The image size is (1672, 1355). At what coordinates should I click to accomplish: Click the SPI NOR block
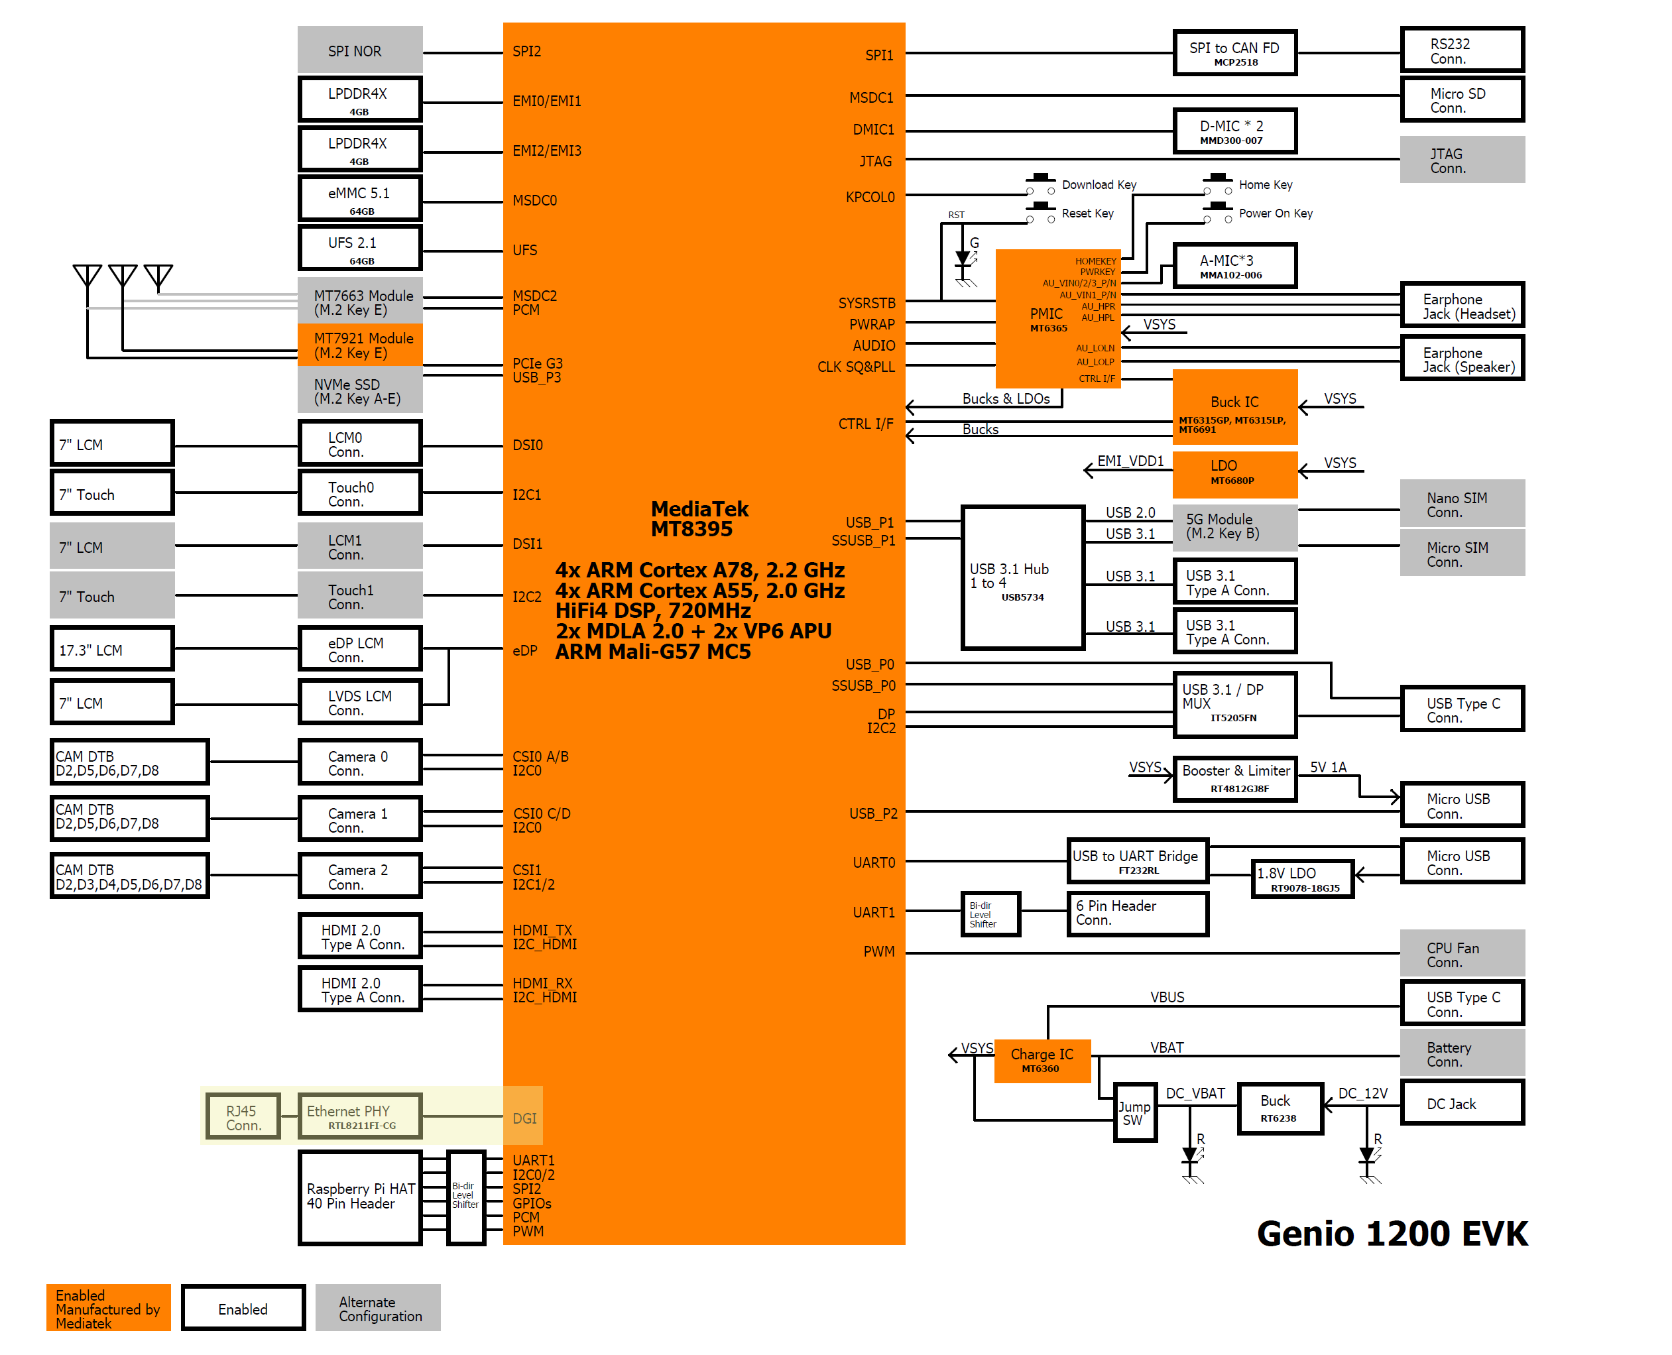tap(360, 51)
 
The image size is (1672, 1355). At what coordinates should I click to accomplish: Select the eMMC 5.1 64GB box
tap(360, 199)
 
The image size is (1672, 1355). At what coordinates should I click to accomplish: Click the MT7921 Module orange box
tap(360, 345)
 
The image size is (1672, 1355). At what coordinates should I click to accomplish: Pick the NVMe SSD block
tap(360, 391)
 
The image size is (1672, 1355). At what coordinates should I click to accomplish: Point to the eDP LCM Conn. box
tap(360, 648)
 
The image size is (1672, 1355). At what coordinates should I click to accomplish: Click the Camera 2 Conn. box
tap(360, 876)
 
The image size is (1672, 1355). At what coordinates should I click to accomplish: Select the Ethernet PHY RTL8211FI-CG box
tap(360, 1116)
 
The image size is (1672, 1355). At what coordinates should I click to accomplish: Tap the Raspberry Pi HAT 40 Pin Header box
tap(360, 1197)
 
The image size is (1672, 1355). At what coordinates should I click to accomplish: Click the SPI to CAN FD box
tap(1234, 53)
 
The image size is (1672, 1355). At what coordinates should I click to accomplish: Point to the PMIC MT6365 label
tap(1047, 318)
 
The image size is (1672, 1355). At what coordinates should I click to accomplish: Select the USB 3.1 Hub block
tap(1022, 578)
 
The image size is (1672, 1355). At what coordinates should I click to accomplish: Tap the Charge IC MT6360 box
tap(1042, 1060)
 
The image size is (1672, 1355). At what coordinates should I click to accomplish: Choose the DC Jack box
tap(1461, 1103)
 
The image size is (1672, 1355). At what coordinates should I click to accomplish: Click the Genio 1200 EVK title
tap(1391, 1233)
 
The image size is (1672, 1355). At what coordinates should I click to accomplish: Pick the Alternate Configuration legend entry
tap(378, 1308)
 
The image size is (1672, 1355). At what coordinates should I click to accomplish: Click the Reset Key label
tap(1087, 213)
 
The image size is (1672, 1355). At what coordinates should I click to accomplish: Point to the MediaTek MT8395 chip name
tap(699, 519)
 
